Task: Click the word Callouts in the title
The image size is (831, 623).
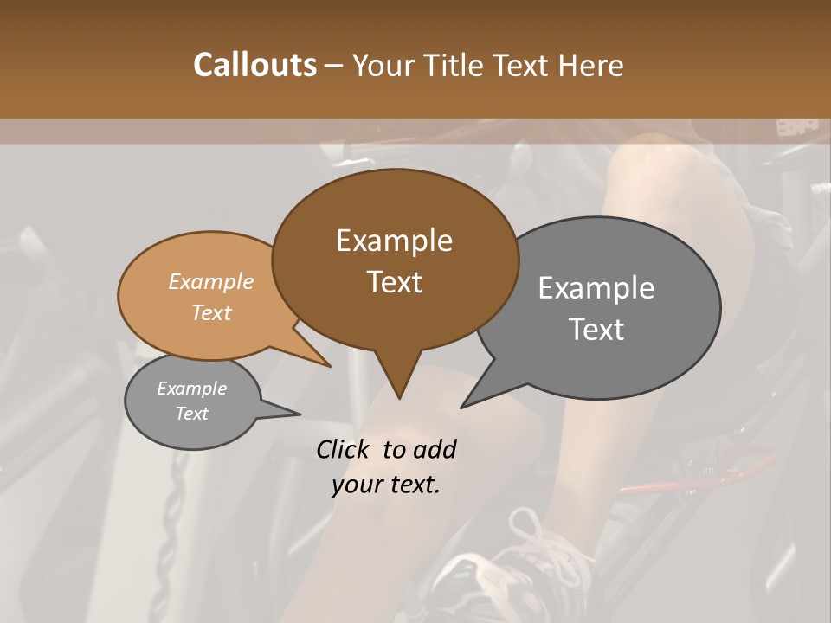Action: pos(254,65)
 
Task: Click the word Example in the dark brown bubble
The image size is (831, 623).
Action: pos(394,241)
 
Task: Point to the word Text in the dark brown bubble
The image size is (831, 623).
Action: pos(394,282)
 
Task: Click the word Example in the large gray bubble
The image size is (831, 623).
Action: pos(596,288)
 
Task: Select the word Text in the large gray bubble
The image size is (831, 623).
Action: pos(596,330)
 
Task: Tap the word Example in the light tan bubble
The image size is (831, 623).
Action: pos(211,282)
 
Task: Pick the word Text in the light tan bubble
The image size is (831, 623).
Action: pos(211,312)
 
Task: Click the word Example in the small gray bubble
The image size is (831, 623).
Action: pos(191,389)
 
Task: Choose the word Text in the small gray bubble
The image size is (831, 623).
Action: pos(191,414)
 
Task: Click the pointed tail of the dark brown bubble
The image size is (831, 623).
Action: pos(398,394)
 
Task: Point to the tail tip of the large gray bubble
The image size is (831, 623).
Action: pos(465,405)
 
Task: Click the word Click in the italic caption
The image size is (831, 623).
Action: pos(345,449)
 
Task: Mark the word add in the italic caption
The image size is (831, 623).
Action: pos(435,449)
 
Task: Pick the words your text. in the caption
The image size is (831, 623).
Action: pos(386,484)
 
